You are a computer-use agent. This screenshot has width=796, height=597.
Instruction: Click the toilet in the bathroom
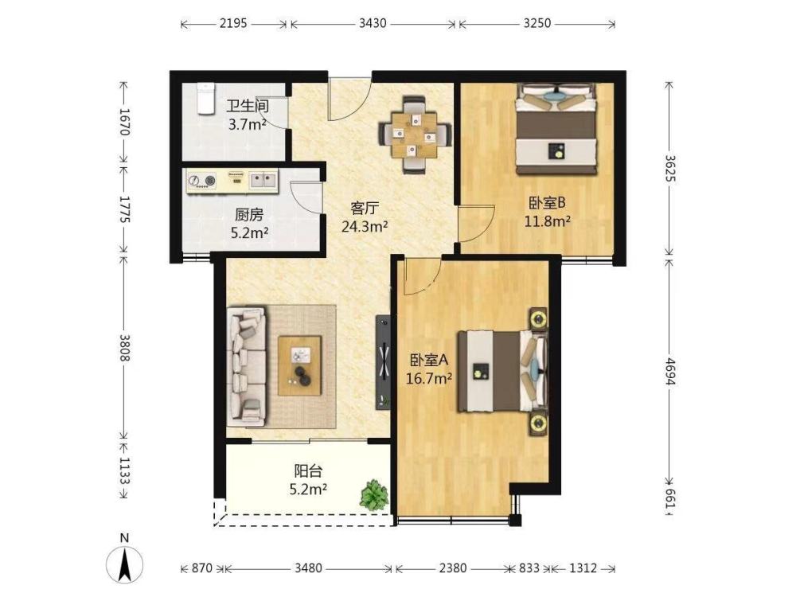[x=205, y=99]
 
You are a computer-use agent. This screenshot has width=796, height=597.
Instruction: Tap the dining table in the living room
[x=414, y=135]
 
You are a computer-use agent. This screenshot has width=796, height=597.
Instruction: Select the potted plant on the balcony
[x=374, y=494]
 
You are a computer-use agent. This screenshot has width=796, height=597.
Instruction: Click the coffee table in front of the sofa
[x=299, y=365]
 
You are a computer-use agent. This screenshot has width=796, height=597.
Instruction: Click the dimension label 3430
[x=373, y=23]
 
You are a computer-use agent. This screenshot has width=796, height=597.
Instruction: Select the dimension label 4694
[x=670, y=372]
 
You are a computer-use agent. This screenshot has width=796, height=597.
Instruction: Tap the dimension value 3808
[x=124, y=348]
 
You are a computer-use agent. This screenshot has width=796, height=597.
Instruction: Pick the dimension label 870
[x=201, y=568]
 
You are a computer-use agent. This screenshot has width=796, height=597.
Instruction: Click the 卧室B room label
[x=548, y=203]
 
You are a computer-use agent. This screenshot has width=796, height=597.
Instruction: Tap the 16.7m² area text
[x=429, y=378]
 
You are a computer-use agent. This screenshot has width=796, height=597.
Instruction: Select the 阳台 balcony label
[x=308, y=471]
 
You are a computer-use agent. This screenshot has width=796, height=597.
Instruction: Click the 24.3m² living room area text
[x=365, y=226]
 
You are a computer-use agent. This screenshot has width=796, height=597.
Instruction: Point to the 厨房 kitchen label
[x=249, y=215]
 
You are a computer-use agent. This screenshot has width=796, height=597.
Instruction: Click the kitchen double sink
[x=263, y=180]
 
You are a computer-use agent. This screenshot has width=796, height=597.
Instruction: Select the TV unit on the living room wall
[x=384, y=362]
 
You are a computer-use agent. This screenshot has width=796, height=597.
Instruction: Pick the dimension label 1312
[x=583, y=568]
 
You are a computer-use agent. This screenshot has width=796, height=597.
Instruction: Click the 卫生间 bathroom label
[x=248, y=106]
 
